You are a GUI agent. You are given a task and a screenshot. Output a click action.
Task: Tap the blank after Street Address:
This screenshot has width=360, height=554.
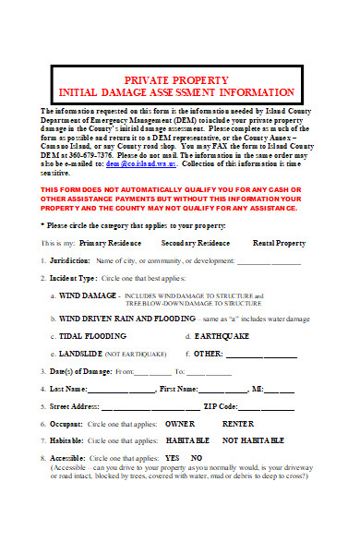point(149,407)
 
